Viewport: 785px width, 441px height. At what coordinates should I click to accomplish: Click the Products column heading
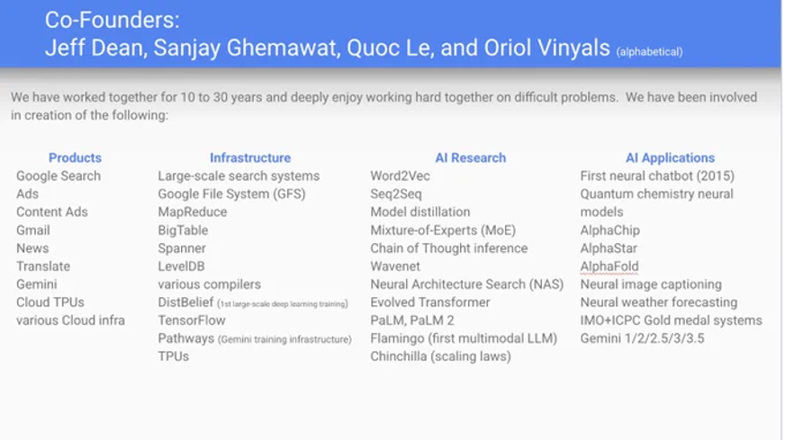[x=75, y=157]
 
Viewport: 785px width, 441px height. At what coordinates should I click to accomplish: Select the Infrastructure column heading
[x=250, y=157]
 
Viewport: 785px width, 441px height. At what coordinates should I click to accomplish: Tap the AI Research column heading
[x=471, y=157]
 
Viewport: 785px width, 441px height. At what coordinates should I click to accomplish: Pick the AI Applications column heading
[x=670, y=158]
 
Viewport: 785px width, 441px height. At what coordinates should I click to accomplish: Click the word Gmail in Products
[x=33, y=230]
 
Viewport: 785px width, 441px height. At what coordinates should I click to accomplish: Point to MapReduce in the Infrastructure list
[x=193, y=212]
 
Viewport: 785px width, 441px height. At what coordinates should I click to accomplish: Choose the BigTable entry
[x=183, y=230]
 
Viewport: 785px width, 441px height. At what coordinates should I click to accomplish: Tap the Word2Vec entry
[x=400, y=176]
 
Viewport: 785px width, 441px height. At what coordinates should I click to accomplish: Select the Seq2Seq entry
[x=396, y=194]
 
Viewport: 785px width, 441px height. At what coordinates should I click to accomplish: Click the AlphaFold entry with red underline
[x=609, y=266]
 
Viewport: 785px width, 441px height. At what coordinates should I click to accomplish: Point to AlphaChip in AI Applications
[x=609, y=230]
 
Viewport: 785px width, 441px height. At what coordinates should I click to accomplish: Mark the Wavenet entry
[x=395, y=266]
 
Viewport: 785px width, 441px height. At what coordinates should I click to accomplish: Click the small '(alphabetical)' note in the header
[x=649, y=52]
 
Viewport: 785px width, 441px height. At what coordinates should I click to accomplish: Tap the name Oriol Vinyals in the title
[x=546, y=48]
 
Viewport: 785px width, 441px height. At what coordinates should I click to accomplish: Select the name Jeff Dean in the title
[x=96, y=48]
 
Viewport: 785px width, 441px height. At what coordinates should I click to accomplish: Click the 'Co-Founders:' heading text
[x=113, y=21]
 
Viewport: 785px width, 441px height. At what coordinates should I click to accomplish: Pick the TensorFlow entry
[x=192, y=320]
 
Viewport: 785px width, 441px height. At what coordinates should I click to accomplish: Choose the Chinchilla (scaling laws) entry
[x=440, y=356]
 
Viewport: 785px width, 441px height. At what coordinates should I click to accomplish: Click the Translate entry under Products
[x=43, y=266]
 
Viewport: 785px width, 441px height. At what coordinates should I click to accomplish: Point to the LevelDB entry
[x=181, y=266]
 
